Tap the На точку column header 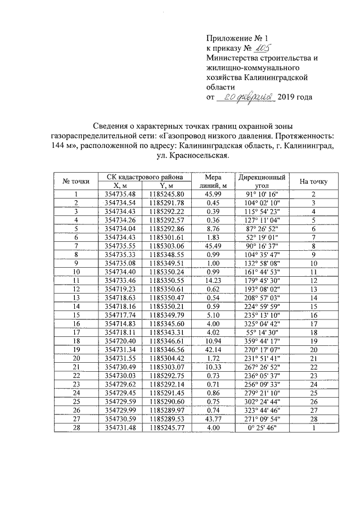[314, 181]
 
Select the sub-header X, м [119, 185]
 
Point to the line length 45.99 [213, 194]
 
